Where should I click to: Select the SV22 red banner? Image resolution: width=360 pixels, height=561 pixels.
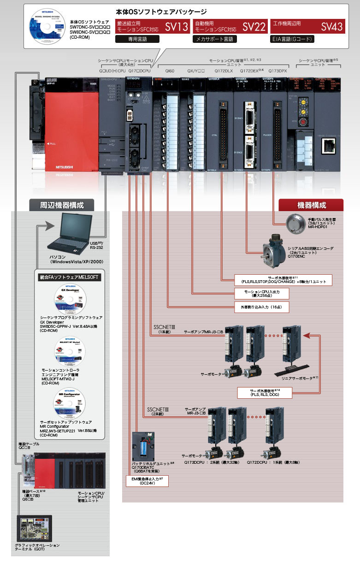pos(230,26)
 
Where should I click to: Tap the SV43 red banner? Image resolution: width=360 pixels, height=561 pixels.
pos(307,26)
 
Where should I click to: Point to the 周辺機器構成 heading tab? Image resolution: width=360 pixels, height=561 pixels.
pos(62,205)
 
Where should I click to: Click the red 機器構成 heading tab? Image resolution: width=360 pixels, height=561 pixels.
pos(311,205)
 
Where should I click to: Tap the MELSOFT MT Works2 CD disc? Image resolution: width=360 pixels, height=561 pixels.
pos(70,351)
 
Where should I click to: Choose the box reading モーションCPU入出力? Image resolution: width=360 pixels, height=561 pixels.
pos(261,294)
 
